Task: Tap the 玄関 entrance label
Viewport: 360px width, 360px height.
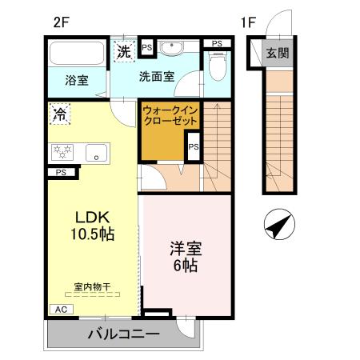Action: point(278,54)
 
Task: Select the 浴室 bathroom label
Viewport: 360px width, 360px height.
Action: point(77,80)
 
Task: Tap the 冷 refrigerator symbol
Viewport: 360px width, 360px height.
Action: point(61,113)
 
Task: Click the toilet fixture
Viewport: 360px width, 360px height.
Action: point(214,66)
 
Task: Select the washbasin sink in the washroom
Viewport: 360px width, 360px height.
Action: point(170,50)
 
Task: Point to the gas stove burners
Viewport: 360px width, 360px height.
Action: point(63,150)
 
